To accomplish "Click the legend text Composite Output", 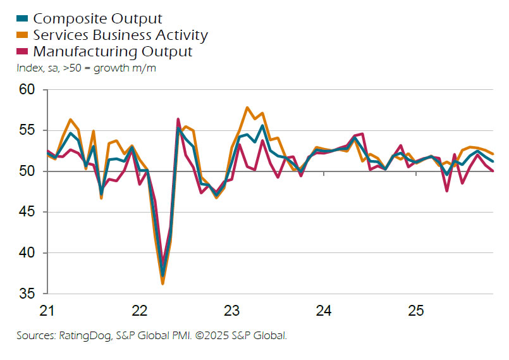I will coord(97,19).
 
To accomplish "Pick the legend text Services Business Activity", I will coord(120,35).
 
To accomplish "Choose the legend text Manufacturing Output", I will coord(113,51).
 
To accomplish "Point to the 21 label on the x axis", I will coord(47,311).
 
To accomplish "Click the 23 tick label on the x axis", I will coord(231,311).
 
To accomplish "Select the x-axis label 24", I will coord(323,311).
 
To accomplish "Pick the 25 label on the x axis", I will coord(415,311).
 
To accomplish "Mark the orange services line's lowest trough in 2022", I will coord(163,283).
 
